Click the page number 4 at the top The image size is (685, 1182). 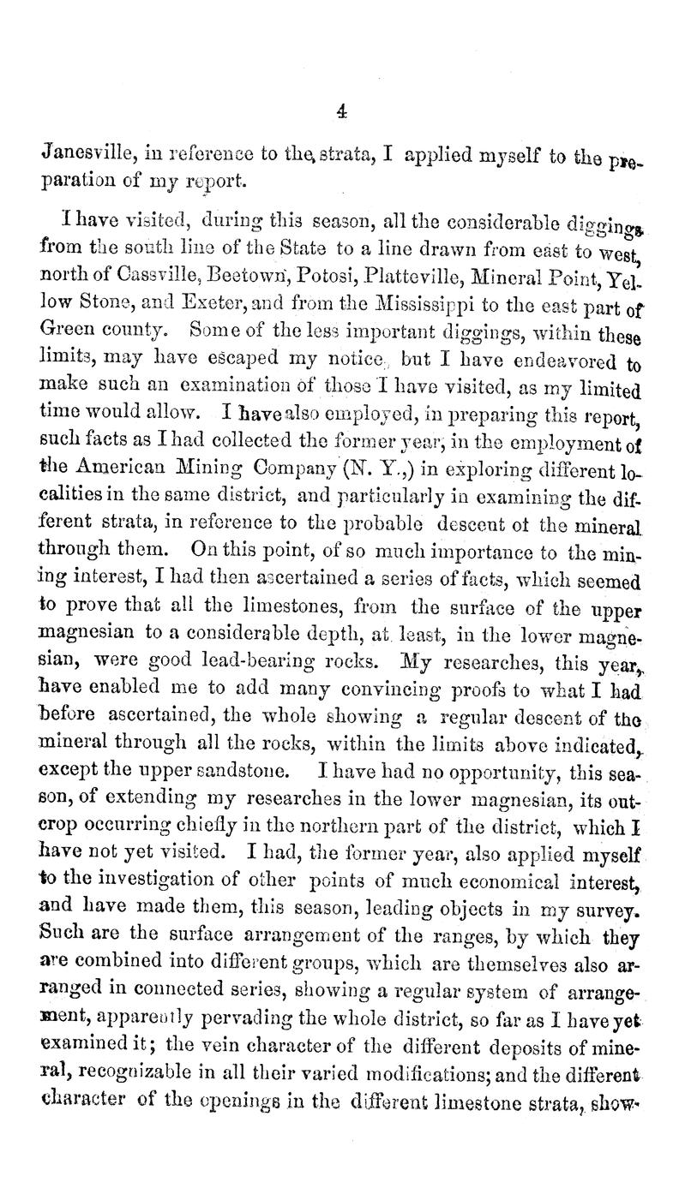tap(342, 110)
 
